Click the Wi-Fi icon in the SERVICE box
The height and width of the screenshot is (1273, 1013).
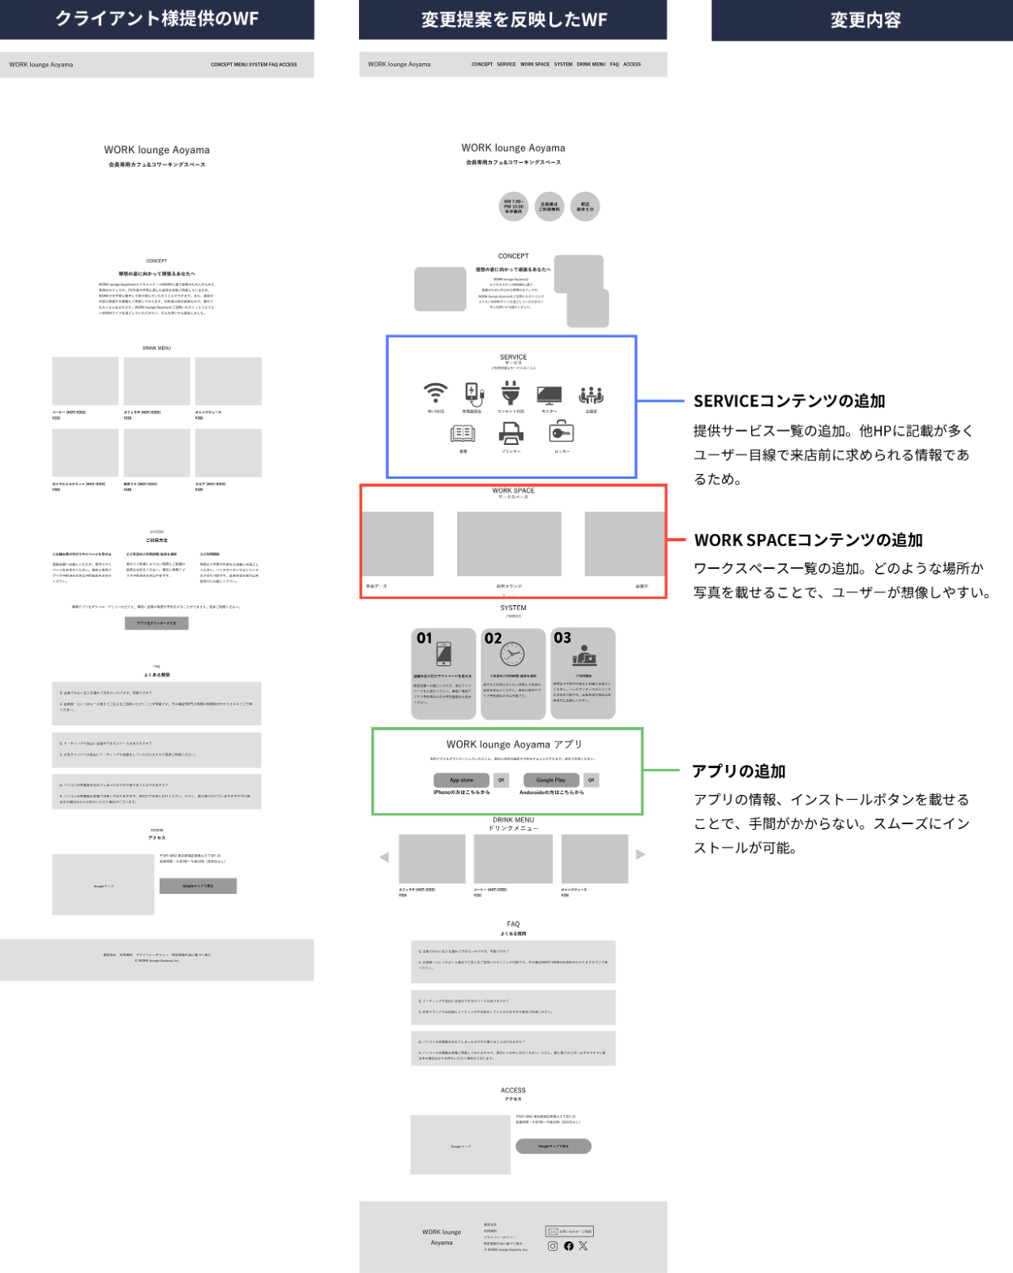click(x=435, y=393)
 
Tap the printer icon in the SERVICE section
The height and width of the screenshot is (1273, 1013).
click(x=511, y=434)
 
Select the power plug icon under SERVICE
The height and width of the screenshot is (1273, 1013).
click(x=510, y=393)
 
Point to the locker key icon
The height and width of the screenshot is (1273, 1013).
click(x=562, y=434)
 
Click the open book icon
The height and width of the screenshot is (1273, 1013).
click(x=463, y=434)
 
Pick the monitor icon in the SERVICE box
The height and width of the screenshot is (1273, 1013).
click(x=549, y=395)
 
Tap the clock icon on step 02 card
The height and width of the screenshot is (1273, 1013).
click(x=512, y=653)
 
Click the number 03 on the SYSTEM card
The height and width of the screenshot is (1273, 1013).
click(x=562, y=638)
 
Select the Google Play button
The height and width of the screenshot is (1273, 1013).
click(x=551, y=780)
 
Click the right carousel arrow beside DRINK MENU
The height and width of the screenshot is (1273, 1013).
click(x=640, y=855)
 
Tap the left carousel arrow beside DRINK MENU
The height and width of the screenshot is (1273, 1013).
click(x=384, y=857)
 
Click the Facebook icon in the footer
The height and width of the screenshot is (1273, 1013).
click(x=569, y=1246)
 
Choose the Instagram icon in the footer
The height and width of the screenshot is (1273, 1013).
click(x=553, y=1246)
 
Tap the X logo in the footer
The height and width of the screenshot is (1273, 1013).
click(x=583, y=1246)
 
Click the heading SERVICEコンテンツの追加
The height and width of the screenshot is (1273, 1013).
click(x=789, y=401)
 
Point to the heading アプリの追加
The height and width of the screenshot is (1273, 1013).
click(x=739, y=771)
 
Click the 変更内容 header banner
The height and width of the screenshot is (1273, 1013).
click(x=865, y=20)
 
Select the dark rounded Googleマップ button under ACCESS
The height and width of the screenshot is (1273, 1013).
click(x=554, y=1146)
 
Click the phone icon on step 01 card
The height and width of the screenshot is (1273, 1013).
click(x=443, y=653)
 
